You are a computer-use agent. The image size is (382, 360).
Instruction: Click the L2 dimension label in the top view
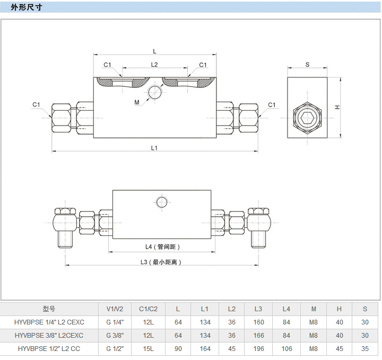click(154, 65)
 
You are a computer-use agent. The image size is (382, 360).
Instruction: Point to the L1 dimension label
click(154, 148)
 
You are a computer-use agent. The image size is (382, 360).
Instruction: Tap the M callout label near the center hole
click(137, 102)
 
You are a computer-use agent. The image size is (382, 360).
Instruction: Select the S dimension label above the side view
click(307, 65)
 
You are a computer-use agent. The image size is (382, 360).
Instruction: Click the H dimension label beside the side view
click(337, 108)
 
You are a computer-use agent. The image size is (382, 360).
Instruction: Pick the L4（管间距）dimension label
click(163, 247)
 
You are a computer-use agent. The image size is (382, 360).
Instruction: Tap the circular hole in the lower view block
click(162, 201)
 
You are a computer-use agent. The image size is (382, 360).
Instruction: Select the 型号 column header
click(49, 309)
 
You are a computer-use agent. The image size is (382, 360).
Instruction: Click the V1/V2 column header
click(115, 309)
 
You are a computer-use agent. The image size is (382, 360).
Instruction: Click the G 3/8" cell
click(115, 335)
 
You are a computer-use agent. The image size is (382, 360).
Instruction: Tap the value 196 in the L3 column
click(258, 348)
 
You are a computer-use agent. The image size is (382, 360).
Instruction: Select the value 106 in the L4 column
click(286, 348)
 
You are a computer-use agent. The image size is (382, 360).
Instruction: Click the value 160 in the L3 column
click(258, 322)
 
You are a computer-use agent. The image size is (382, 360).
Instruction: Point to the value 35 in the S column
click(365, 348)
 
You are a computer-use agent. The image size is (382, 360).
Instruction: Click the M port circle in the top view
click(155, 92)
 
